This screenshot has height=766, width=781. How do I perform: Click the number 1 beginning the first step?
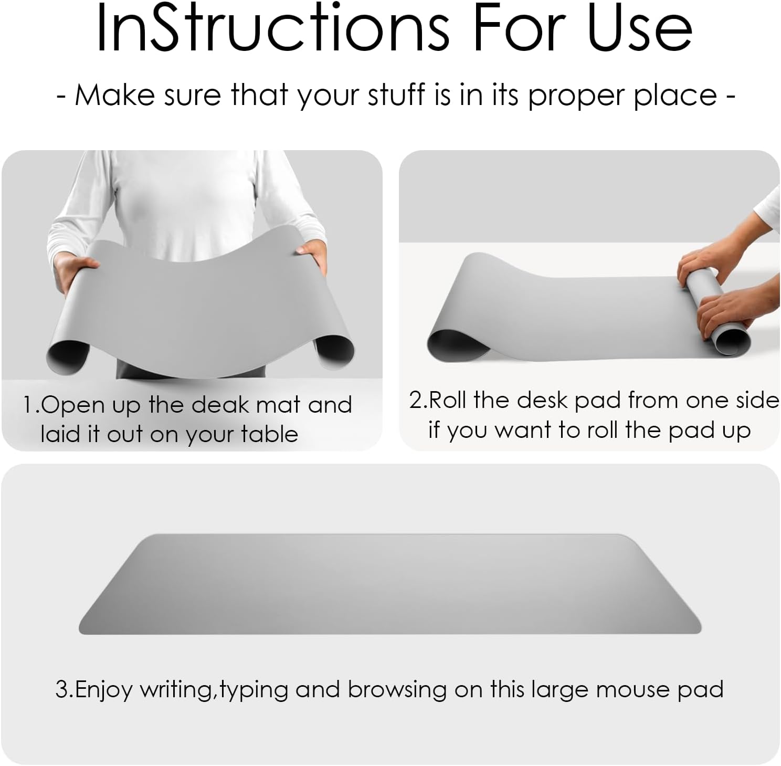[x=28, y=405]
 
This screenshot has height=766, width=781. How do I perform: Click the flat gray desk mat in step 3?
[x=390, y=584]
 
